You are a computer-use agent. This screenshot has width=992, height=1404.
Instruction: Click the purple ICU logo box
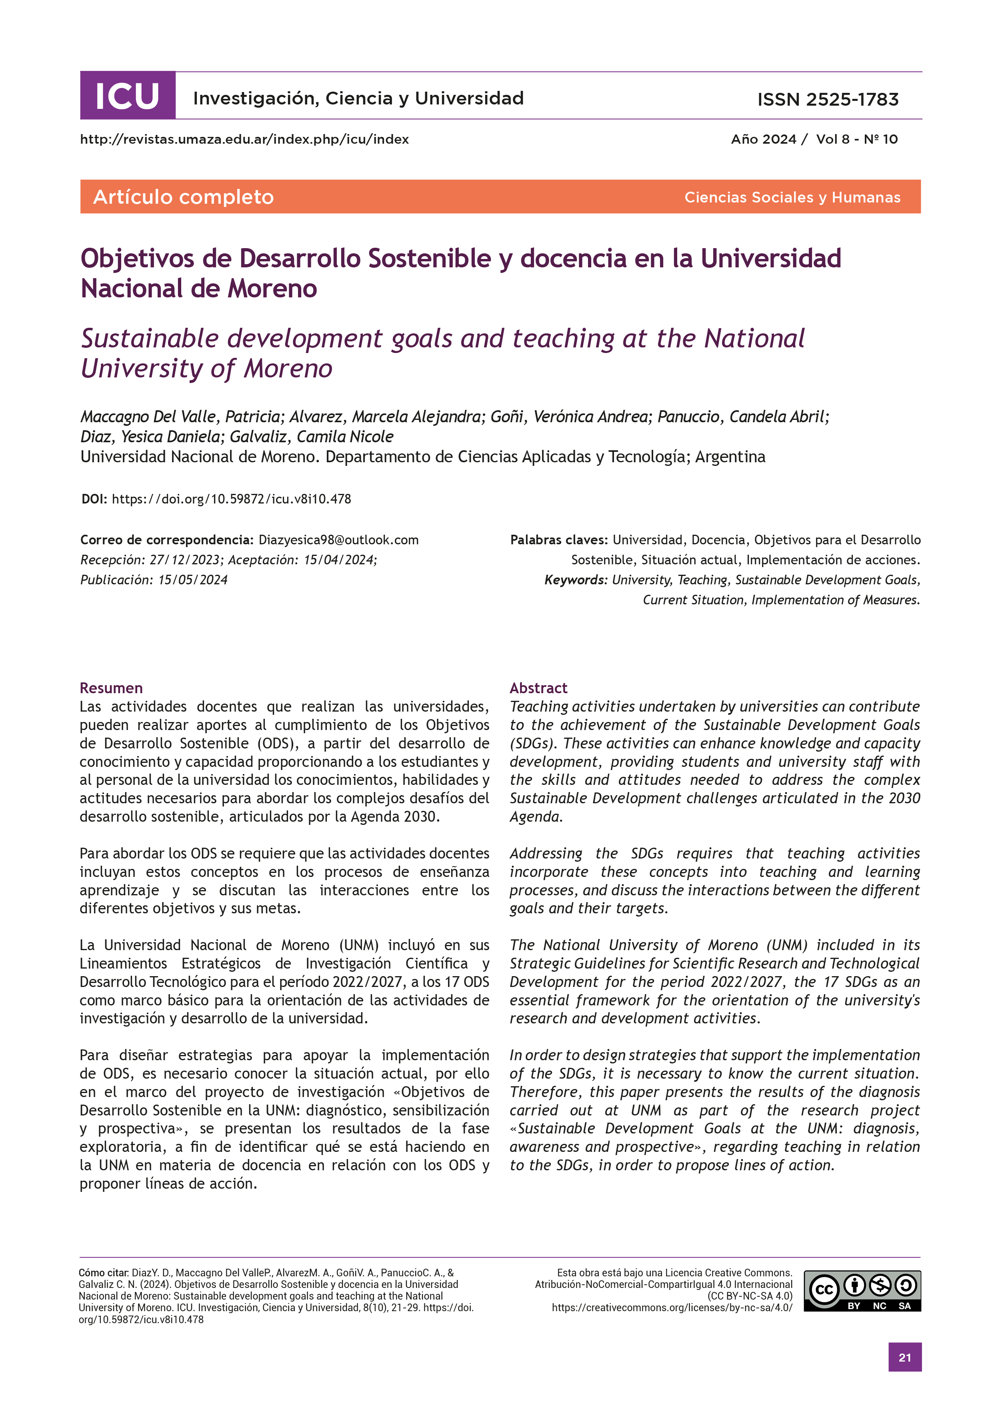127,96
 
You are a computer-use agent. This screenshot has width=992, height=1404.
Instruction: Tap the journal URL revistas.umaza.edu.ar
244,139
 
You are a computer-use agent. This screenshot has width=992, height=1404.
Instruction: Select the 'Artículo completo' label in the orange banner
183,197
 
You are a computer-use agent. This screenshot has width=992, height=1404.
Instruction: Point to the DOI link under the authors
231,499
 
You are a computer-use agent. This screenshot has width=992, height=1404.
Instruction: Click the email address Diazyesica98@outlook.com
339,540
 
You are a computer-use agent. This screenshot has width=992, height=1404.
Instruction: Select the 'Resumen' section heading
111,688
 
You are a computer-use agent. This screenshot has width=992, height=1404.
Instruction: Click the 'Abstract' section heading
538,688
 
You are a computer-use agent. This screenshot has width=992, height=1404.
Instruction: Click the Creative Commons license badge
862,1290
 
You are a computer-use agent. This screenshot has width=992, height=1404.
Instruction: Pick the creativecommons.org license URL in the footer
672,1308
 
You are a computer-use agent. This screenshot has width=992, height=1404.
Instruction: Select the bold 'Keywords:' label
576,580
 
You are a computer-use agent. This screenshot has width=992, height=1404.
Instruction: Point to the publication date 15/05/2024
193,580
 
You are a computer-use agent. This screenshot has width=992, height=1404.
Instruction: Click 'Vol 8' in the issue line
832,139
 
